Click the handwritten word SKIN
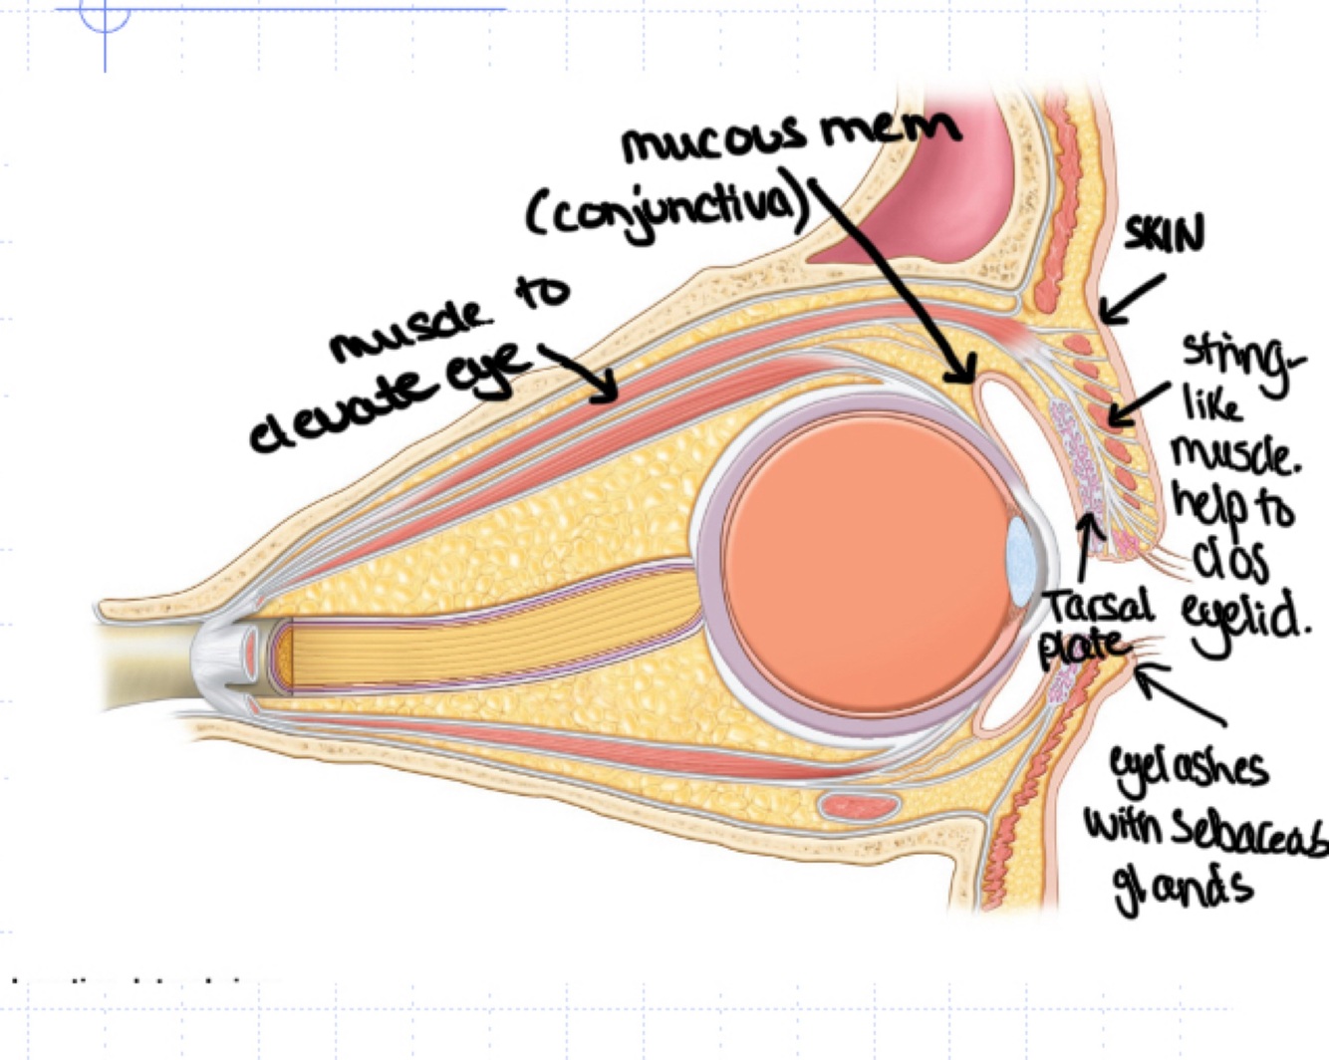click(1164, 235)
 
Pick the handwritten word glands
click(1182, 887)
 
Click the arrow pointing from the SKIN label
click(1131, 300)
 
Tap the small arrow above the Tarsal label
click(1090, 548)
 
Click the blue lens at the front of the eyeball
click(1020, 563)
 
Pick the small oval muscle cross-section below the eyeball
click(858, 804)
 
